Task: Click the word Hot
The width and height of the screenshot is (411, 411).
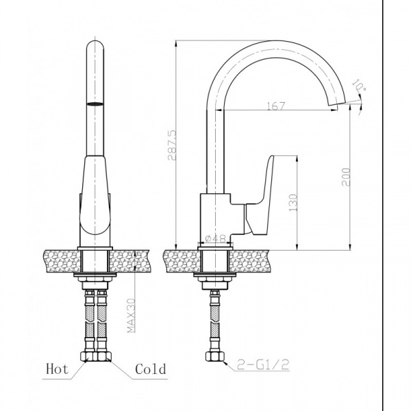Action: click(57, 369)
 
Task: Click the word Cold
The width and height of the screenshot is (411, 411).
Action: click(151, 369)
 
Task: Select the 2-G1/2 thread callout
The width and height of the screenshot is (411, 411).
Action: click(263, 364)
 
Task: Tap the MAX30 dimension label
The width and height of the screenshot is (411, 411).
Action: click(131, 315)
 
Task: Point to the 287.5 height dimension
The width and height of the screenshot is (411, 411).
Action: click(172, 145)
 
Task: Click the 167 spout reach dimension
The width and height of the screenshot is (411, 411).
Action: click(276, 106)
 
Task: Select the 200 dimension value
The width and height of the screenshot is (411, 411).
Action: click(346, 177)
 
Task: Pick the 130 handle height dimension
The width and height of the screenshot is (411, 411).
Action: click(293, 203)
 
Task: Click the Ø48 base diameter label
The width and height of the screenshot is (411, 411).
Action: click(216, 238)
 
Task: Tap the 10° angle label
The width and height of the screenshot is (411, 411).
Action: click(359, 85)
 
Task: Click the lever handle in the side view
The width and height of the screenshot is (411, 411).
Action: click(260, 194)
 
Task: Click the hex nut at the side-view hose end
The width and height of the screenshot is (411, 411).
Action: click(215, 356)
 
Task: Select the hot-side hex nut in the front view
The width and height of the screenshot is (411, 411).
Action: click(88, 356)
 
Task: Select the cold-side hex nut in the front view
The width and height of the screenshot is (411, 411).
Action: click(104, 356)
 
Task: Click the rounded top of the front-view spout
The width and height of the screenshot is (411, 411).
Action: click(95, 45)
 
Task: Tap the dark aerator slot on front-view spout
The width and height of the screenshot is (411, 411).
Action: click(95, 103)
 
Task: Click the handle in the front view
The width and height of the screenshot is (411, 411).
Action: click(95, 195)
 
